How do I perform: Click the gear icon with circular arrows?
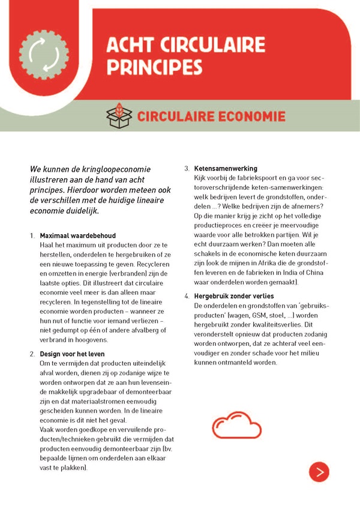pos(41,55)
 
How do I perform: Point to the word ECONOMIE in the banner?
pos(244,116)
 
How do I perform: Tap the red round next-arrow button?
pos(319,471)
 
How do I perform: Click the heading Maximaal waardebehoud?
pos(77,235)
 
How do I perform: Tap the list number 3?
pos(187,169)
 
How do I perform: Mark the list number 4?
pos(187,296)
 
